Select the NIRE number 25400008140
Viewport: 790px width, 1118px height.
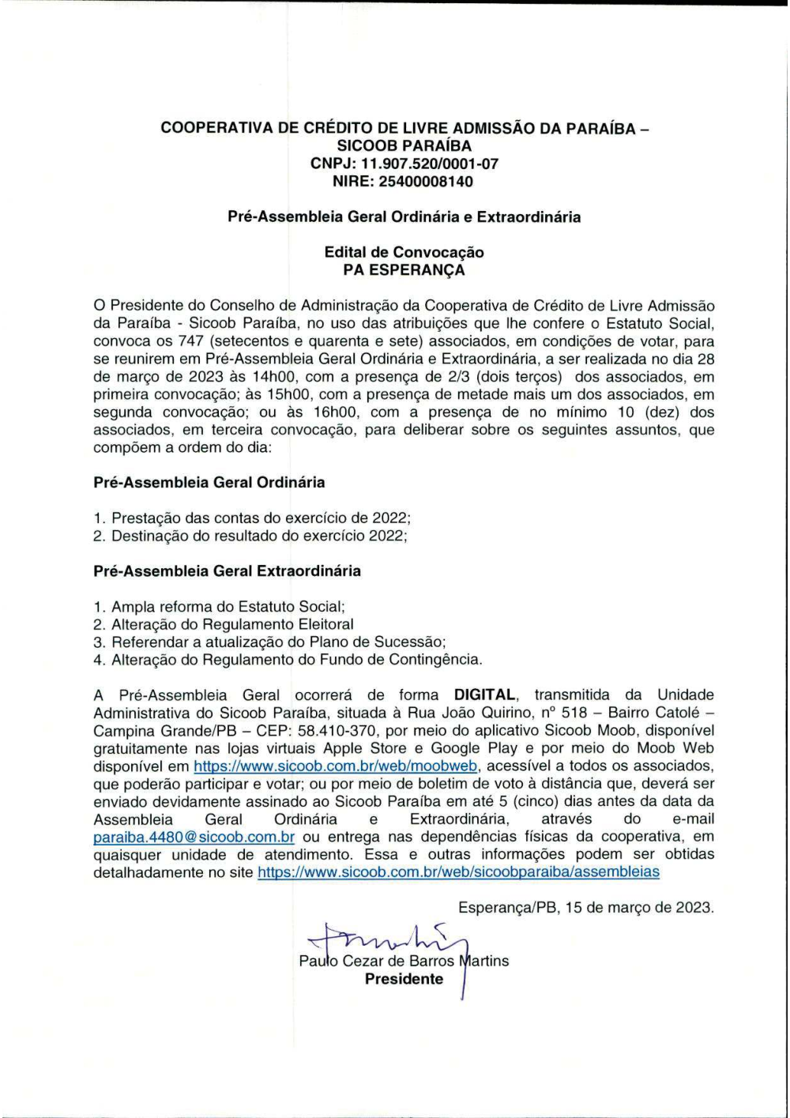pos(427,181)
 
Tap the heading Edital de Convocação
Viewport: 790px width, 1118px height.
pos(404,252)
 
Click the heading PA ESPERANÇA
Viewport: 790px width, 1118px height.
pos(404,269)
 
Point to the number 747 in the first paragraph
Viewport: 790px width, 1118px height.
pos(191,341)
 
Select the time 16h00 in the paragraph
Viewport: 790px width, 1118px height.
pos(337,412)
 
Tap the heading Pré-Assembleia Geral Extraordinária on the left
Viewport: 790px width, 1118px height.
pos(227,570)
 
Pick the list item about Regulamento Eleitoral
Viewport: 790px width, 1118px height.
pos(232,624)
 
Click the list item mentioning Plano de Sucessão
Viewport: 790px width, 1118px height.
pos(278,642)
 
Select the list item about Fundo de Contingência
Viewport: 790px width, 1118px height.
pos(296,659)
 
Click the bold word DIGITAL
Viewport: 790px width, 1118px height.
pos(485,695)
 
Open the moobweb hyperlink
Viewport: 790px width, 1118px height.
pos(336,766)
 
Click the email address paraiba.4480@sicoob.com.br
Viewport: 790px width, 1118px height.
pos(194,837)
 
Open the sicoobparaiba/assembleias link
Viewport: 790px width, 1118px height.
pos(458,872)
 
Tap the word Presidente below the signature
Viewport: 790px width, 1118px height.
pos(404,979)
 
